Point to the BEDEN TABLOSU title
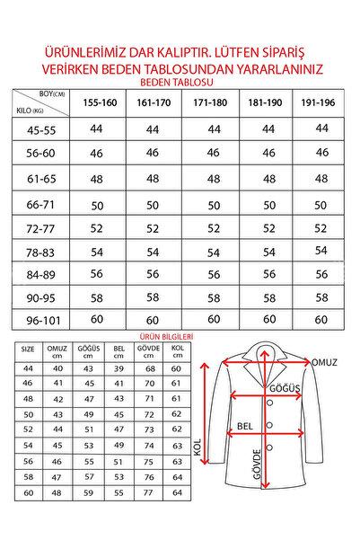[180, 80]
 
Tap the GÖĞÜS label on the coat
[286, 389]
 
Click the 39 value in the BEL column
[118, 368]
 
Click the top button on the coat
[267, 401]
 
